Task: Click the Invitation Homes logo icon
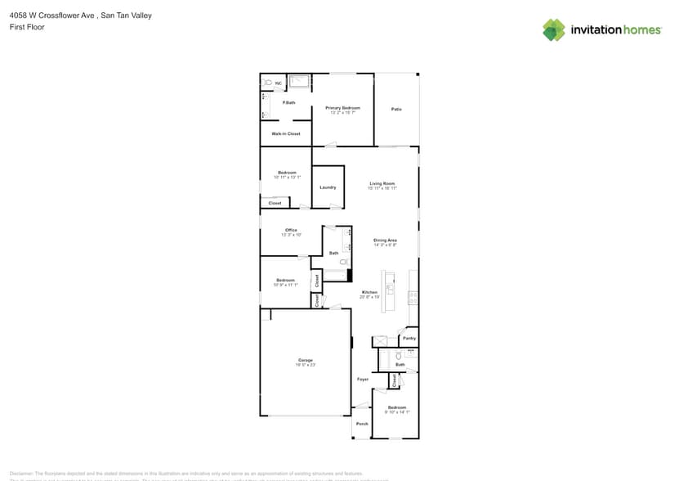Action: [x=553, y=30]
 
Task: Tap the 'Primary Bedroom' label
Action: [x=342, y=108]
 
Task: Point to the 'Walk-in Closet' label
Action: [x=286, y=133]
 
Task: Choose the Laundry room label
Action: [x=328, y=187]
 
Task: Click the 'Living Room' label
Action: [x=382, y=183]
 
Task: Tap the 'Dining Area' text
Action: [x=385, y=240]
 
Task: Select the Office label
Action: [x=291, y=230]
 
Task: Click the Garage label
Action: [x=306, y=360]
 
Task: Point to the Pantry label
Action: [x=409, y=337]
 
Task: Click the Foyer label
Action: [x=363, y=379]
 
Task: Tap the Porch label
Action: [x=362, y=424]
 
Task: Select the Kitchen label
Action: [x=370, y=292]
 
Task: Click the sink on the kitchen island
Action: [x=390, y=289]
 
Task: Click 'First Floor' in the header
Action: [x=27, y=27]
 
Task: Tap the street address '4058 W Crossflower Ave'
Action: [x=51, y=16]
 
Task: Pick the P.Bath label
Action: [x=288, y=102]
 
